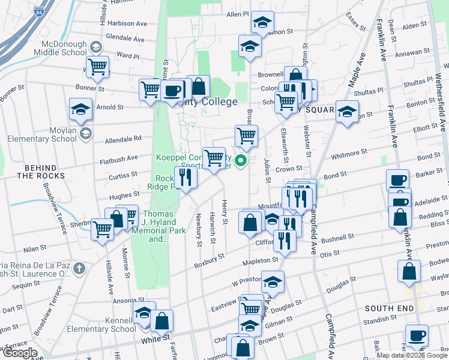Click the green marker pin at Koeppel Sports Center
point(241,160)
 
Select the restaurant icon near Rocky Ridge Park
point(185,177)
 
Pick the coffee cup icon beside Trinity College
point(172,90)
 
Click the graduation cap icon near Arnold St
point(80,109)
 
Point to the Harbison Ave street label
point(128,23)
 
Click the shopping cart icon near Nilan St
point(102,229)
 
